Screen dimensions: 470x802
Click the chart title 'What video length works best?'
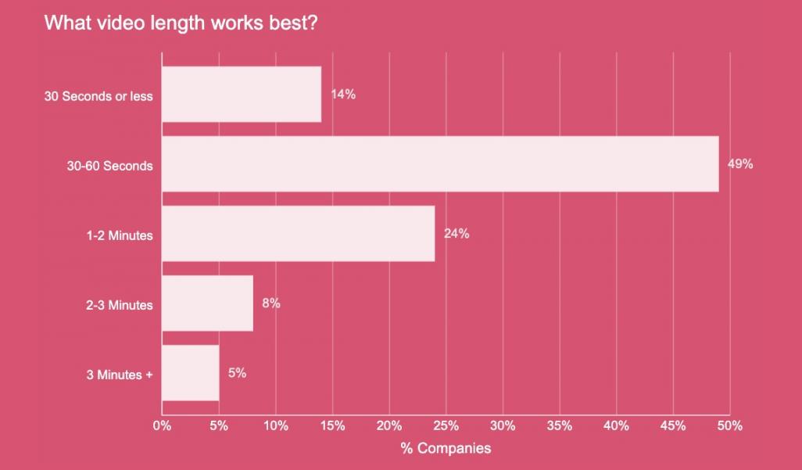tap(181, 22)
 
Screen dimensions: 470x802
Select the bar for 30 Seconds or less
tap(242, 95)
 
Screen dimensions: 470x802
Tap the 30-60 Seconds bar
tap(440, 164)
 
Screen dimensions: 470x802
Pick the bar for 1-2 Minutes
tap(298, 234)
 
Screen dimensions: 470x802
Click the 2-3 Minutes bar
tap(207, 303)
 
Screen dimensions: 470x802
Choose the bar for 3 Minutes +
tap(190, 373)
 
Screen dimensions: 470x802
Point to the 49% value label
tap(740, 164)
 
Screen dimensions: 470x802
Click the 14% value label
tap(343, 95)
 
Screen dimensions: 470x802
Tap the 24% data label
tap(456, 234)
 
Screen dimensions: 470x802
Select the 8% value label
tap(271, 303)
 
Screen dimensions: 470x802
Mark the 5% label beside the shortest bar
tap(237, 373)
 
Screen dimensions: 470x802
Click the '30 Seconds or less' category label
tap(98, 97)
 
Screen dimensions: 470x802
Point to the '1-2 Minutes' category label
tap(120, 235)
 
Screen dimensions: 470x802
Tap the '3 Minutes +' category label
tap(120, 375)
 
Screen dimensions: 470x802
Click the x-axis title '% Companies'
tap(446, 448)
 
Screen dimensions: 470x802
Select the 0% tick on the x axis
tap(162, 426)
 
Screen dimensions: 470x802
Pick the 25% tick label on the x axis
tap(446, 426)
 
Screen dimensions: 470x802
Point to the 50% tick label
tap(730, 426)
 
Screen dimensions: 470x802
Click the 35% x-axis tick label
tap(560, 426)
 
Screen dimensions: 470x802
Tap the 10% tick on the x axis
tap(275, 426)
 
